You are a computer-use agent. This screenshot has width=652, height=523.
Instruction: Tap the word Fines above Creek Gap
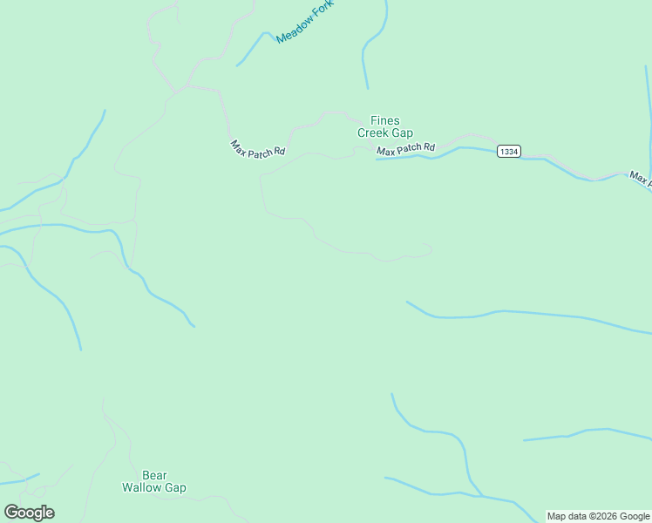pos(385,120)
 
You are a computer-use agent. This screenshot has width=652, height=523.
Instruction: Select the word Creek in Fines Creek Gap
pos(373,132)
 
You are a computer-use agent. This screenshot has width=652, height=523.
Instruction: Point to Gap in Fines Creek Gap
pos(402,132)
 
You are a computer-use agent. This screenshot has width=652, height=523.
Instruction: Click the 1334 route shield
pos(509,152)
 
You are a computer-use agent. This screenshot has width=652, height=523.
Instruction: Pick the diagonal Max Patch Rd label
pos(257,148)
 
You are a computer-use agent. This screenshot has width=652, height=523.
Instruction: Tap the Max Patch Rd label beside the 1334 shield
pos(405,150)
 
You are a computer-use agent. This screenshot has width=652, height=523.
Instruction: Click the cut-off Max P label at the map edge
pos(640,179)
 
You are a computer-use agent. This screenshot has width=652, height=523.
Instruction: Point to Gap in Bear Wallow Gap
pos(175,488)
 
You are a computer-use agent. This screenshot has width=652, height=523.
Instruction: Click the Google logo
pos(29,513)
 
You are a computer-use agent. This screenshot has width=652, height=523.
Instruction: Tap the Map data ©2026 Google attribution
pos(598,516)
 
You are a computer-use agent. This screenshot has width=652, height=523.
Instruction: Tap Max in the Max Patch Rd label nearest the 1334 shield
pos(385,153)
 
